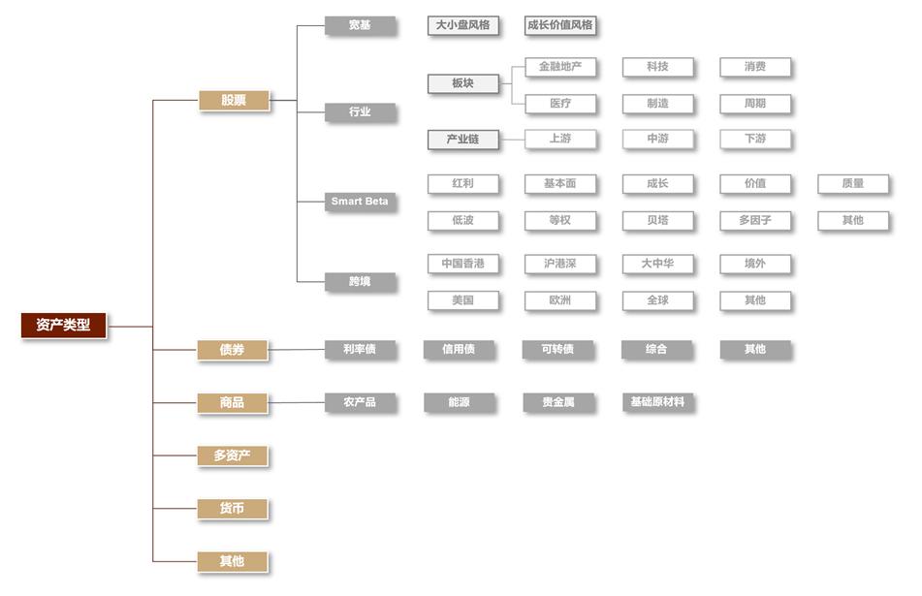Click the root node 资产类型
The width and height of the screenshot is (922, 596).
point(63,326)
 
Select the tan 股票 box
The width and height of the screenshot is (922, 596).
point(234,100)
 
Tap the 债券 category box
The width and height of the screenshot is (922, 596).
point(233,349)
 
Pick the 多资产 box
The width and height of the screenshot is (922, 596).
point(233,455)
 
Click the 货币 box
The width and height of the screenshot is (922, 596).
point(233,509)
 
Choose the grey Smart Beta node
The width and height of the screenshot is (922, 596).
point(360,202)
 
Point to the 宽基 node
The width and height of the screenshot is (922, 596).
point(360,25)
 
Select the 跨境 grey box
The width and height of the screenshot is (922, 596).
point(360,281)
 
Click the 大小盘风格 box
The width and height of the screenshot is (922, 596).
point(462,25)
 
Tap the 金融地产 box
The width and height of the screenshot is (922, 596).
point(559,67)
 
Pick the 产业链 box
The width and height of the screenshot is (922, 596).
point(462,140)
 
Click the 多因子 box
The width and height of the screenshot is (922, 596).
point(754,220)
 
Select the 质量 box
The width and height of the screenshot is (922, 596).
point(852,183)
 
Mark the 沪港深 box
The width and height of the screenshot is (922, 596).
point(559,264)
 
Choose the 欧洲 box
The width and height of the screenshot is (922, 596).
point(559,300)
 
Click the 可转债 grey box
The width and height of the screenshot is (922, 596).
point(559,349)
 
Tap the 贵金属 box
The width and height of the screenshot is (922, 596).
point(559,402)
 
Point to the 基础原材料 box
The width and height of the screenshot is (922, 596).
point(657,402)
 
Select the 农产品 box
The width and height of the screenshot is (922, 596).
point(360,402)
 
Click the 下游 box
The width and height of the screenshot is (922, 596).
point(754,140)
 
